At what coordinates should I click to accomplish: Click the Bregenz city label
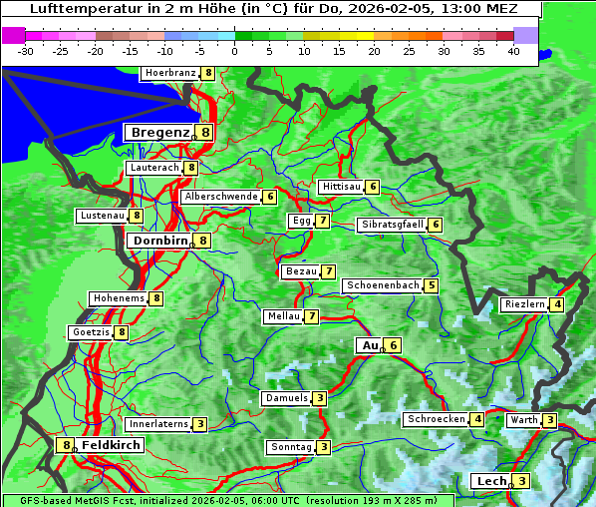(x=158, y=132)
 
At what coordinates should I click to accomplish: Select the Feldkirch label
(x=111, y=445)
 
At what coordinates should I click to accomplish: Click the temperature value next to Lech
(x=522, y=481)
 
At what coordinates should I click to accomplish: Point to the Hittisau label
(x=341, y=187)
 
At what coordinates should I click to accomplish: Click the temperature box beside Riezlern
(x=557, y=304)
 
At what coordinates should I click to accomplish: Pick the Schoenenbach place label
(x=383, y=285)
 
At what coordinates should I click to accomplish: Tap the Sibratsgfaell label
(x=393, y=225)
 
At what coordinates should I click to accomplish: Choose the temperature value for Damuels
(x=319, y=398)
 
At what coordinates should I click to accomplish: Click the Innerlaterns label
(x=158, y=424)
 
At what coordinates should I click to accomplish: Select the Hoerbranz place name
(x=169, y=73)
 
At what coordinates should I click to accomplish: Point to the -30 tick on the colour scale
(x=26, y=50)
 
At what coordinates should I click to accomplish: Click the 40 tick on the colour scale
(x=513, y=50)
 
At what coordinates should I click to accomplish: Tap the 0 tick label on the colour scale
(x=235, y=50)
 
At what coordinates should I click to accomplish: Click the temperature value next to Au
(x=394, y=345)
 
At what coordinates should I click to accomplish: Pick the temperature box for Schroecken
(x=477, y=419)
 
